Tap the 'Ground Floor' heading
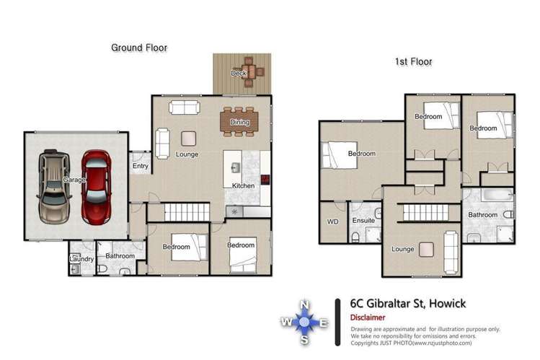tap(138, 48)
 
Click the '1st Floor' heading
tap(413, 62)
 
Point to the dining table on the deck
tap(247, 73)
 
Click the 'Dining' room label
tap(239, 123)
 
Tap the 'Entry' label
tap(141, 167)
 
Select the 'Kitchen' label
tap(243, 186)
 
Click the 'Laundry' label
tap(80, 258)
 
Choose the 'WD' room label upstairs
tap(332, 222)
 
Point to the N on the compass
tap(304, 304)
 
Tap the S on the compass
tap(304, 340)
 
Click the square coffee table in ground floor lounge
tap(189, 138)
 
